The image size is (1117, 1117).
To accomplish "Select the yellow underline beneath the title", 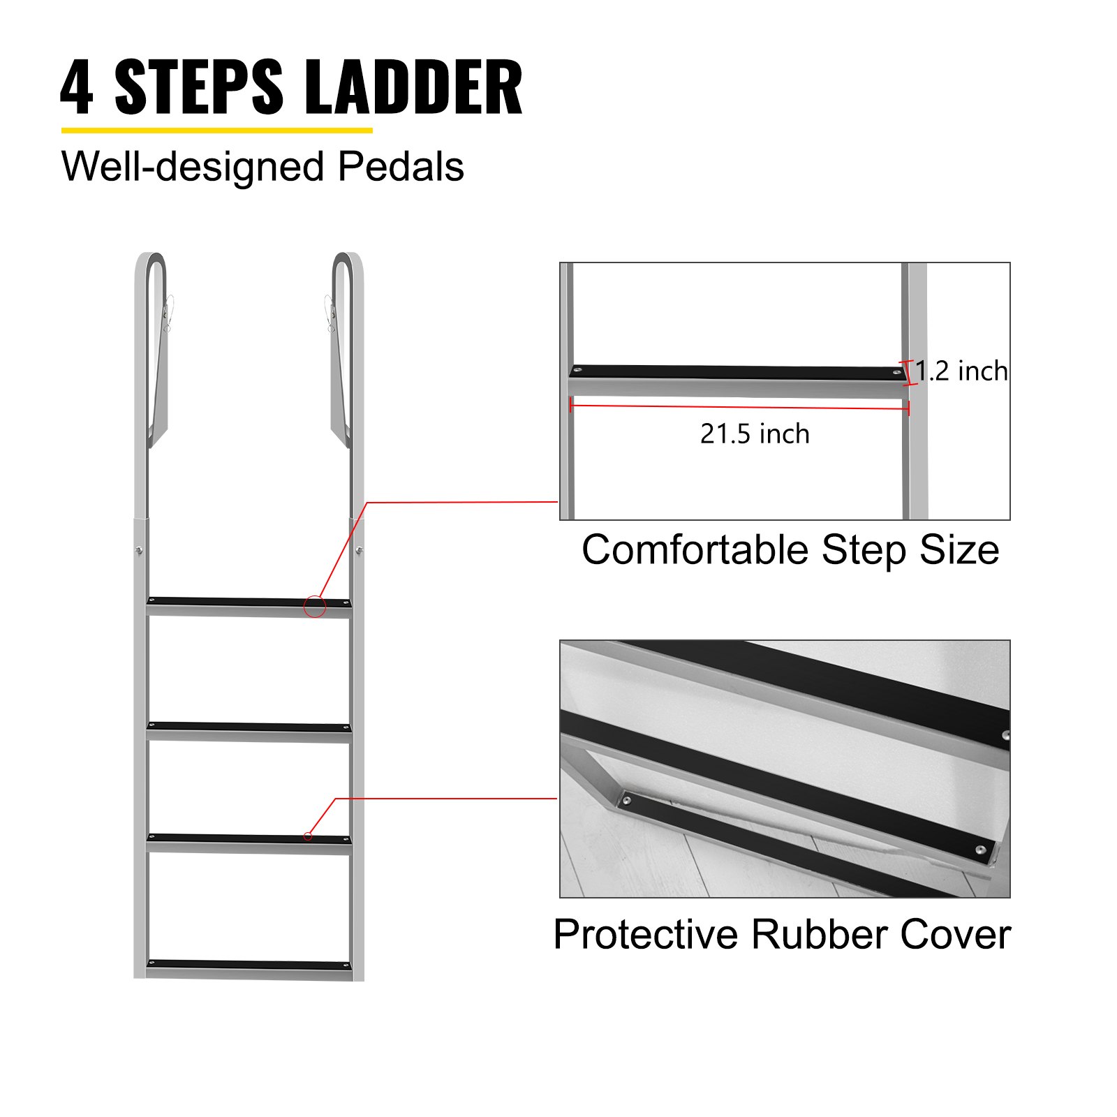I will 216,130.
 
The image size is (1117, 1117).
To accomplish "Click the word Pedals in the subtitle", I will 401,167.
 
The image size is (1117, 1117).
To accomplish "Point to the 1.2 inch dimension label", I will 961,371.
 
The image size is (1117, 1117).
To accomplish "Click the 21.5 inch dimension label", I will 755,434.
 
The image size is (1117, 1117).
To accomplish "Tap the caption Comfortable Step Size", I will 790,549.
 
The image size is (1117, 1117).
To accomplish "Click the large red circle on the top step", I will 315,606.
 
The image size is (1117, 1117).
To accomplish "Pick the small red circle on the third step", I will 308,836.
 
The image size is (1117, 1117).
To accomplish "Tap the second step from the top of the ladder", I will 249,728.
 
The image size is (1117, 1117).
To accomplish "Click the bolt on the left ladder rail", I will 140,550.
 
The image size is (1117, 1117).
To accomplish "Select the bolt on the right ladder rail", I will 359,550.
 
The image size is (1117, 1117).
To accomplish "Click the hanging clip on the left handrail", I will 168,314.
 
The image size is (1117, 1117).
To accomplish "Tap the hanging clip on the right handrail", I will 330,314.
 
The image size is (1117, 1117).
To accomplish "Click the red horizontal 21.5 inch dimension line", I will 740,406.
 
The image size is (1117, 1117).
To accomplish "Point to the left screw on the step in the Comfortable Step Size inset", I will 577,369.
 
